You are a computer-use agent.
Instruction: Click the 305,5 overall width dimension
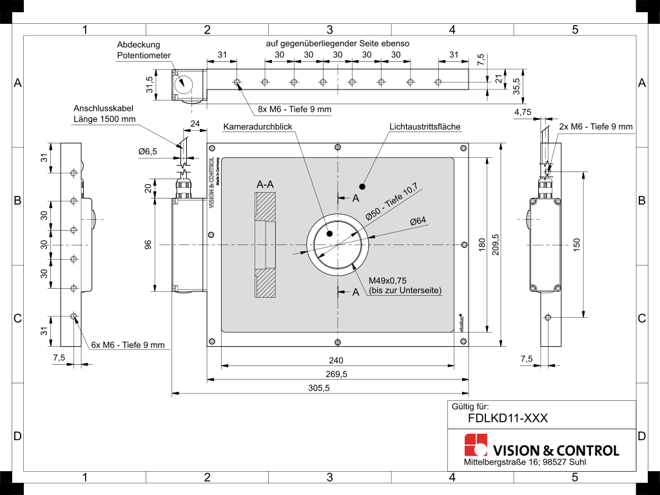(x=318, y=388)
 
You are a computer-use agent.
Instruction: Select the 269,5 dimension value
(x=336, y=374)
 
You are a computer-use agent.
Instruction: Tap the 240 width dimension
(x=336, y=360)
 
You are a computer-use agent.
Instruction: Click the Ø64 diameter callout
(x=418, y=220)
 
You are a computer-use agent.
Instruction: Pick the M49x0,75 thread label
(x=387, y=281)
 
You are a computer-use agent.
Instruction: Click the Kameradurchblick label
(x=258, y=127)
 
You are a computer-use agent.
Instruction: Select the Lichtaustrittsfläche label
(x=425, y=127)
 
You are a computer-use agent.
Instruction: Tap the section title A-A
(x=265, y=184)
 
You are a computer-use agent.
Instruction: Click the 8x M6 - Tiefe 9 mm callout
(x=295, y=110)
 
